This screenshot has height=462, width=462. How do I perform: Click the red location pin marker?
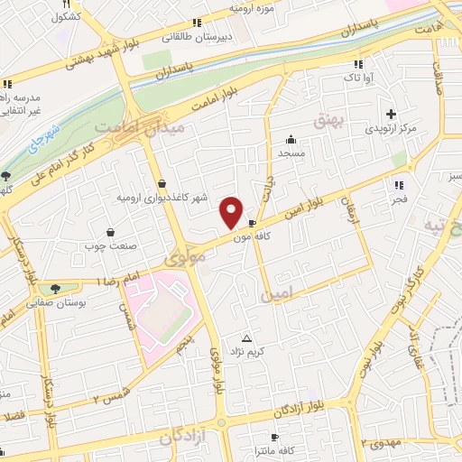[x=232, y=212]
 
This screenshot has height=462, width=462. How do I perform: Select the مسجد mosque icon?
[x=291, y=140]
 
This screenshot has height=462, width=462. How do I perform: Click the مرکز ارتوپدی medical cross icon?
[x=391, y=114]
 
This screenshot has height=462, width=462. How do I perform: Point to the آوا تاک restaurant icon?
[x=359, y=63]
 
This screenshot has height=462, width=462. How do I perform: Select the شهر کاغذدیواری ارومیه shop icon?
[x=162, y=184]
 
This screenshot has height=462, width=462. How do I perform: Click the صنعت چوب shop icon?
[x=110, y=232]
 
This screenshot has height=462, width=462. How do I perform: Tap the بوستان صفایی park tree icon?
[x=57, y=290]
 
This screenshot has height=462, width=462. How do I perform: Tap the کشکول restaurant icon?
[x=66, y=4]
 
